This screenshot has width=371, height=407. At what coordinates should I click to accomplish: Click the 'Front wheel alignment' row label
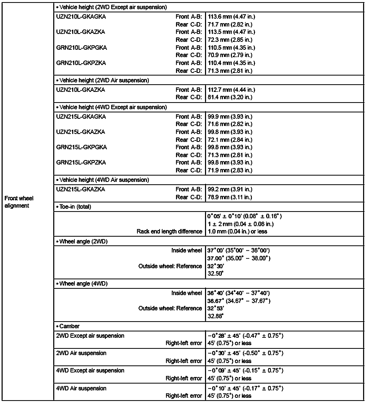(x=19, y=202)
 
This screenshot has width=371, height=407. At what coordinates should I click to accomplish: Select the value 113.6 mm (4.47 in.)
(x=231, y=17)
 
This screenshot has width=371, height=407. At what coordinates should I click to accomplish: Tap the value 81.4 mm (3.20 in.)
(x=230, y=97)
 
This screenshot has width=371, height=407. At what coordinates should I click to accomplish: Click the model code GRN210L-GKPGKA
(x=81, y=48)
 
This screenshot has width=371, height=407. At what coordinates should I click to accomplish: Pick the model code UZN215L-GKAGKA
(x=81, y=117)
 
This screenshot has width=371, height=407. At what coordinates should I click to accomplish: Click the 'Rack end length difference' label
(x=169, y=231)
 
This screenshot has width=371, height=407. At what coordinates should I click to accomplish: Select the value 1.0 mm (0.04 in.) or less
(x=237, y=231)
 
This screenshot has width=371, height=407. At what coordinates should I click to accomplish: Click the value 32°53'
(x=216, y=308)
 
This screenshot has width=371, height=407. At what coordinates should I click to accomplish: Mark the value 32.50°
(x=216, y=274)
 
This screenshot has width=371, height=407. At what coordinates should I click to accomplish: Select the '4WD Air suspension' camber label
(x=81, y=388)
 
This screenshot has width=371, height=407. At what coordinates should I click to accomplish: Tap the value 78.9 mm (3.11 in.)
(x=230, y=197)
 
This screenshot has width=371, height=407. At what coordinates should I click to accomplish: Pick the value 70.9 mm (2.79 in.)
(x=230, y=55)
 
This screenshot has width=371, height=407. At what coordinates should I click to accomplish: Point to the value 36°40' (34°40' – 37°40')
(x=238, y=293)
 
